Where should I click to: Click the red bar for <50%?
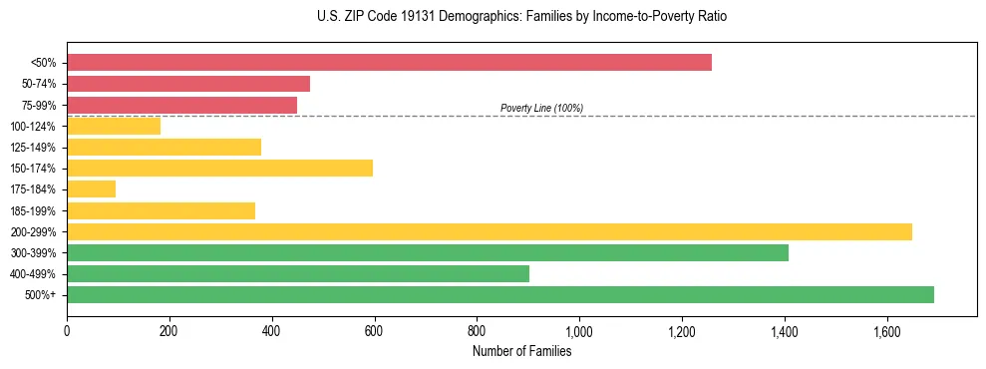pos(389,63)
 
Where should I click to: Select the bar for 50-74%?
pos(188,84)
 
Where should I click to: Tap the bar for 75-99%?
pos(181,105)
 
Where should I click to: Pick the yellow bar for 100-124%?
pos(114,126)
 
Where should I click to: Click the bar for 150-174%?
pos(219,168)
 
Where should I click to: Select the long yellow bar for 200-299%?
pos(489,231)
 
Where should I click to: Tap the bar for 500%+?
pos(499,294)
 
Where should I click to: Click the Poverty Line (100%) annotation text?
pos(541,108)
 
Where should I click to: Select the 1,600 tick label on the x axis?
pos(886,330)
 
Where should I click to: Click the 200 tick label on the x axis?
pos(169,330)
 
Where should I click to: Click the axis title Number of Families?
pos(521,351)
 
